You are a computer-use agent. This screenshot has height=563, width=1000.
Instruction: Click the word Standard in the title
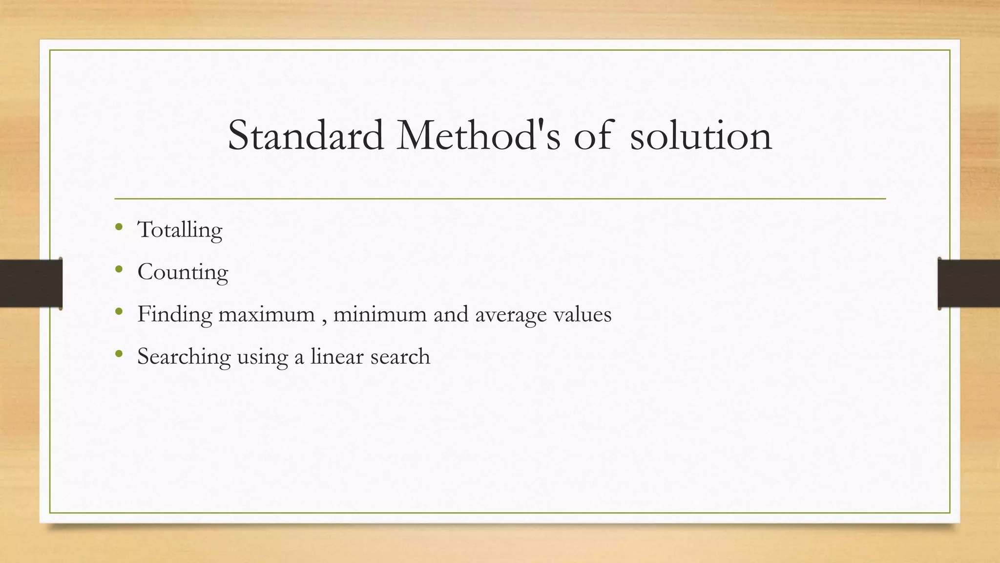coord(306,135)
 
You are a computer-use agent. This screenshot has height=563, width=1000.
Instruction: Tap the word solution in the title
coord(701,135)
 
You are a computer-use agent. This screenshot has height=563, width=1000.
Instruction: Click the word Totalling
coord(180,230)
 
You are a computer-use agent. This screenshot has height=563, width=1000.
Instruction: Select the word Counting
coord(183,272)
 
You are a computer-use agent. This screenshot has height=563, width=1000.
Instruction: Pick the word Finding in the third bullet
coord(174,314)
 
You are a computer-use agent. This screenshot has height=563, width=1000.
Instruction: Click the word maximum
coord(267,314)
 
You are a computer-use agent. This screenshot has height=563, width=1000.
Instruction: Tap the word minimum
coord(380,314)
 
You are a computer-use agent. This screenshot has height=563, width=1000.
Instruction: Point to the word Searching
coord(184,357)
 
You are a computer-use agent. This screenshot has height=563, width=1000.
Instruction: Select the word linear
coord(337,356)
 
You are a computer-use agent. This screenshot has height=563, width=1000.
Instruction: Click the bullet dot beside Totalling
coord(119,227)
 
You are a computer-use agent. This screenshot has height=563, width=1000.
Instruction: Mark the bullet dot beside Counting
coord(119,269)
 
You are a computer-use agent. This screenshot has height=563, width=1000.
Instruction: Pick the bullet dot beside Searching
coord(119,353)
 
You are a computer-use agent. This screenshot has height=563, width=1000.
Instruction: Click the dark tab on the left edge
coord(31,283)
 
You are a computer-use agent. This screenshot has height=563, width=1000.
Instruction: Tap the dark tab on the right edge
coord(969,283)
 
